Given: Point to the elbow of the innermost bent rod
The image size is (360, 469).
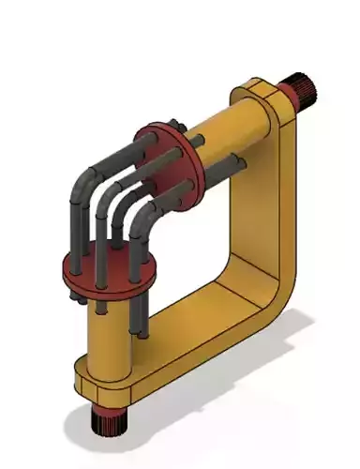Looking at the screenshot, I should (141, 218).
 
